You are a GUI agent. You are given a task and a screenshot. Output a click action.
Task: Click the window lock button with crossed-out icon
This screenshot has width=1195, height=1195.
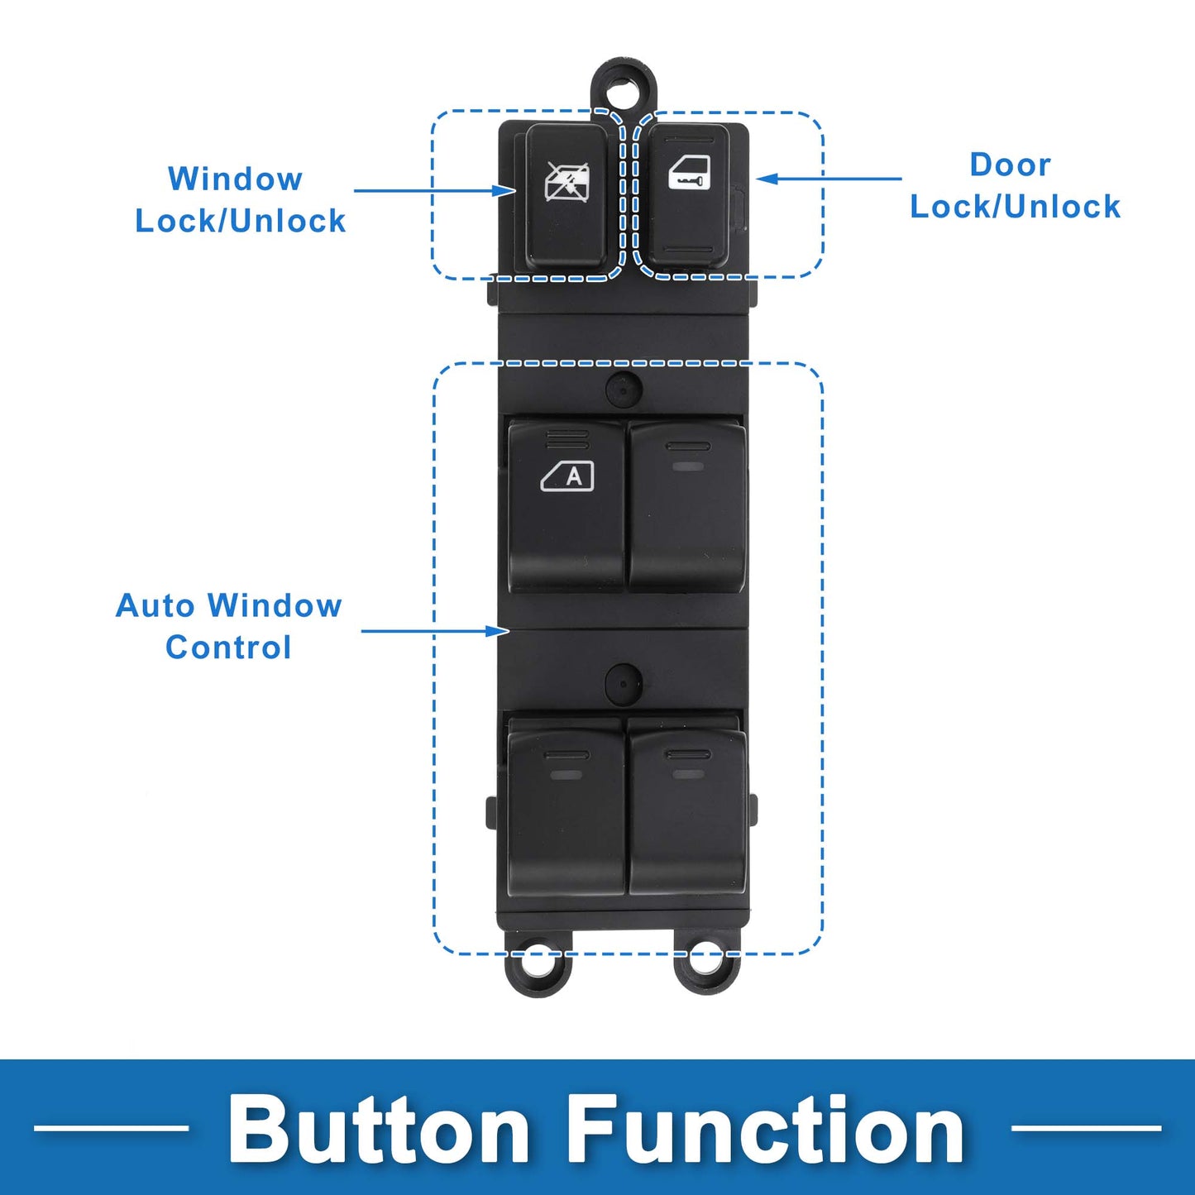click(x=566, y=195)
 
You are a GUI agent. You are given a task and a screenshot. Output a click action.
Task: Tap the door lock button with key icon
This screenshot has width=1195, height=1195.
click(x=688, y=195)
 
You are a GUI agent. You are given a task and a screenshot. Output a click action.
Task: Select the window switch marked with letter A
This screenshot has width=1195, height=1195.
click(x=566, y=505)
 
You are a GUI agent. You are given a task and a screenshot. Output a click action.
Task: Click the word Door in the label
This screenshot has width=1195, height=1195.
click(x=1011, y=165)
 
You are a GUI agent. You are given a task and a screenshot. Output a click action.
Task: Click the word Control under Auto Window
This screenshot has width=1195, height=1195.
click(x=228, y=648)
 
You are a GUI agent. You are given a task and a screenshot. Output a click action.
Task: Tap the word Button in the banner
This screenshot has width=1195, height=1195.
click(x=378, y=1130)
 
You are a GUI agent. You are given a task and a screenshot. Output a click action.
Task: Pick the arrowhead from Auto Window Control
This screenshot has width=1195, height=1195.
click(x=497, y=631)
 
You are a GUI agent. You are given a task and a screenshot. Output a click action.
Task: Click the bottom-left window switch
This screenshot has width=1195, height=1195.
click(x=566, y=807)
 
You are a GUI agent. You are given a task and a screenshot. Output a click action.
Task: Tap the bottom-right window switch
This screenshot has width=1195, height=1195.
click(x=687, y=807)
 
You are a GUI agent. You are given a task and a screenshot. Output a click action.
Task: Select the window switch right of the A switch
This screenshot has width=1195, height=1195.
click(x=687, y=505)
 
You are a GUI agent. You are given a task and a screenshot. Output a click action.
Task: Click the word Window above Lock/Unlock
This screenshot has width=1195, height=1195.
click(x=235, y=179)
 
